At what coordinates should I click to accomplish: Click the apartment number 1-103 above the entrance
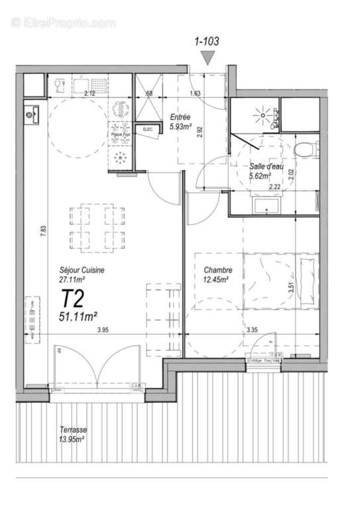[207, 40]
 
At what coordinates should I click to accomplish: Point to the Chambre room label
[217, 270]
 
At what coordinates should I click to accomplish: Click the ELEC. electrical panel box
[147, 130]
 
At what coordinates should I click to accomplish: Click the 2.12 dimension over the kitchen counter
[89, 93]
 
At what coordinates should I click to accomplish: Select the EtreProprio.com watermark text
[64, 23]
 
